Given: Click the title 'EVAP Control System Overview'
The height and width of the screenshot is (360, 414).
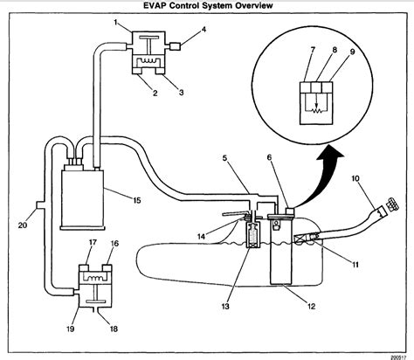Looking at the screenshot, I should (207, 7).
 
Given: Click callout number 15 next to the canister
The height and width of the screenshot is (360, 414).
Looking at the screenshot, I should (136, 200).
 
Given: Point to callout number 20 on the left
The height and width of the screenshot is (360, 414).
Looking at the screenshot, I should (23, 223).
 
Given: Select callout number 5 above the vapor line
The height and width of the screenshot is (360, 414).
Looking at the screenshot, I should (224, 157).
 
